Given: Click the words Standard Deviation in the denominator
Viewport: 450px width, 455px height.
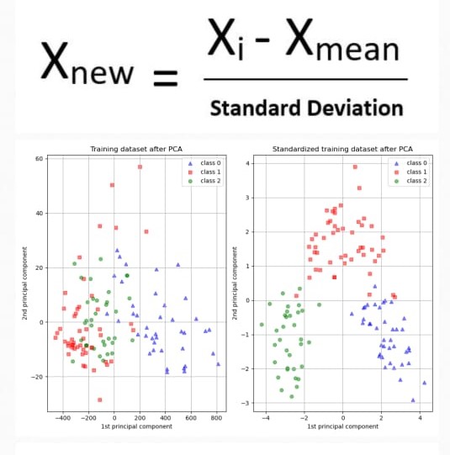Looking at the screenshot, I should (306, 108).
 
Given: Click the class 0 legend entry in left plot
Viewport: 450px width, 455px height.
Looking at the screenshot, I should (203, 163).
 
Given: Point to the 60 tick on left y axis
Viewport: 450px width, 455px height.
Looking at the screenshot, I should (39, 159).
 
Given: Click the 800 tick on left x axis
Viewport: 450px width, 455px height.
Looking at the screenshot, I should (215, 418).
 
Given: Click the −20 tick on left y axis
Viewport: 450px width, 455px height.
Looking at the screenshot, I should (37, 377).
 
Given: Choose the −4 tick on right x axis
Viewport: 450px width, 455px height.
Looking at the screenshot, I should (266, 418).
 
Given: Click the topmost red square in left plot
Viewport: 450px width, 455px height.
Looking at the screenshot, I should (140, 167).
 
